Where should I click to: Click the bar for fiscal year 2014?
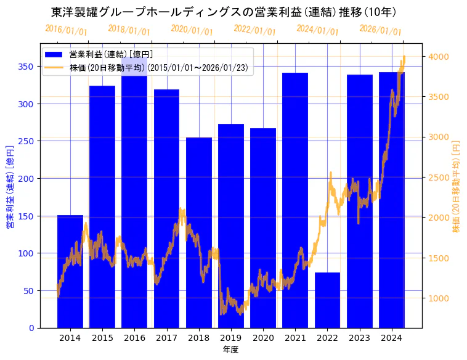click(70, 271)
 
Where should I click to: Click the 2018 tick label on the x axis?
click(198, 338)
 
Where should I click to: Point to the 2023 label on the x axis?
click(359, 338)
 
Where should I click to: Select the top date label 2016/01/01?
click(66, 30)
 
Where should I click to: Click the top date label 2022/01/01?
click(254, 30)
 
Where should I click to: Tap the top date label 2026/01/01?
click(380, 30)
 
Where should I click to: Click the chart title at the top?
click(224, 12)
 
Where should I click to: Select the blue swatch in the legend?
click(54, 55)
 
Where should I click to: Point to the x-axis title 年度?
click(231, 350)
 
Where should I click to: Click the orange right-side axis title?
click(457, 185)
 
